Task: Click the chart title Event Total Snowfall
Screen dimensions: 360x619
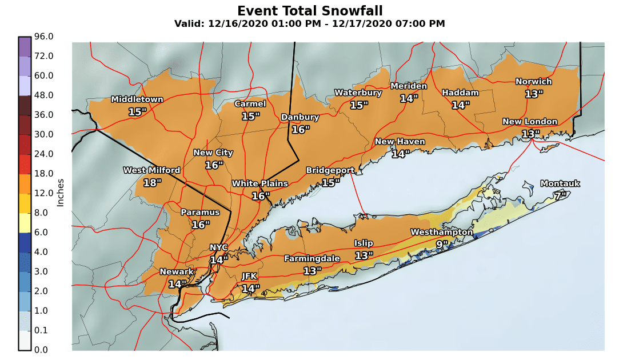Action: point(309,11)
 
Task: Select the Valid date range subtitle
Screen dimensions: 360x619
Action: point(309,24)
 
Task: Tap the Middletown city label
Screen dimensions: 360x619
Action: point(137,99)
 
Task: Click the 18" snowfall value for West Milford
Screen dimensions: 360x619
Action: point(152,183)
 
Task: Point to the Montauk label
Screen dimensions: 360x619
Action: point(560,183)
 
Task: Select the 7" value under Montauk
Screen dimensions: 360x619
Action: point(560,196)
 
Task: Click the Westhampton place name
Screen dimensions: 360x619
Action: point(442,232)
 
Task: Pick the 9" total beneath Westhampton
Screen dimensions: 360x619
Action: point(442,245)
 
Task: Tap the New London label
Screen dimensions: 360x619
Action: point(530,122)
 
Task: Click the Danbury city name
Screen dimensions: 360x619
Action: point(300,117)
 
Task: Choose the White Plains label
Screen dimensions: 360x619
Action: point(261,183)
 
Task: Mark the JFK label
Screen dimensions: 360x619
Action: point(249,276)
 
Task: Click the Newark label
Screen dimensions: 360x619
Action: point(177,271)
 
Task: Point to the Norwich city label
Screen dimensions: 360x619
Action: point(534,82)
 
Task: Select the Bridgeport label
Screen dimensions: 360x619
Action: point(330,170)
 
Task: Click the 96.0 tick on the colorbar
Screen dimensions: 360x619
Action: point(44,37)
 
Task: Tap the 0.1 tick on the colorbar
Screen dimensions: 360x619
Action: point(44,330)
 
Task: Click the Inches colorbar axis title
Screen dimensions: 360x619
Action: point(60,192)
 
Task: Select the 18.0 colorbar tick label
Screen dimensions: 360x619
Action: point(44,174)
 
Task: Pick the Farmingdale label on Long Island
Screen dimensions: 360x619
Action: point(312,259)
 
